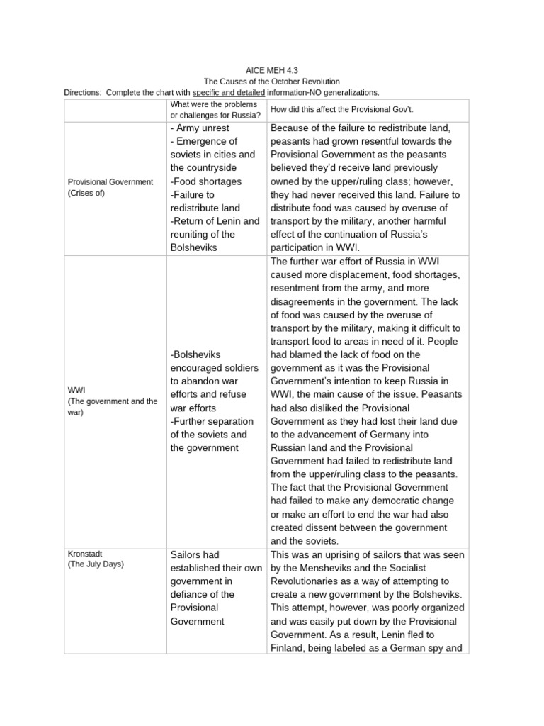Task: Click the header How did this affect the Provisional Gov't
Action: [x=334, y=110]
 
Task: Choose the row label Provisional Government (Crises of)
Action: [x=110, y=187]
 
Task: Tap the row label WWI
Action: [x=76, y=390]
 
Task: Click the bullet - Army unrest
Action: [x=200, y=128]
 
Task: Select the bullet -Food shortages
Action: [x=205, y=181]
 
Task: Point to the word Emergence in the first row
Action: [x=207, y=142]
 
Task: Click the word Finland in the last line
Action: [x=290, y=648]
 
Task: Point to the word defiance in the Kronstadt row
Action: [x=191, y=594]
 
